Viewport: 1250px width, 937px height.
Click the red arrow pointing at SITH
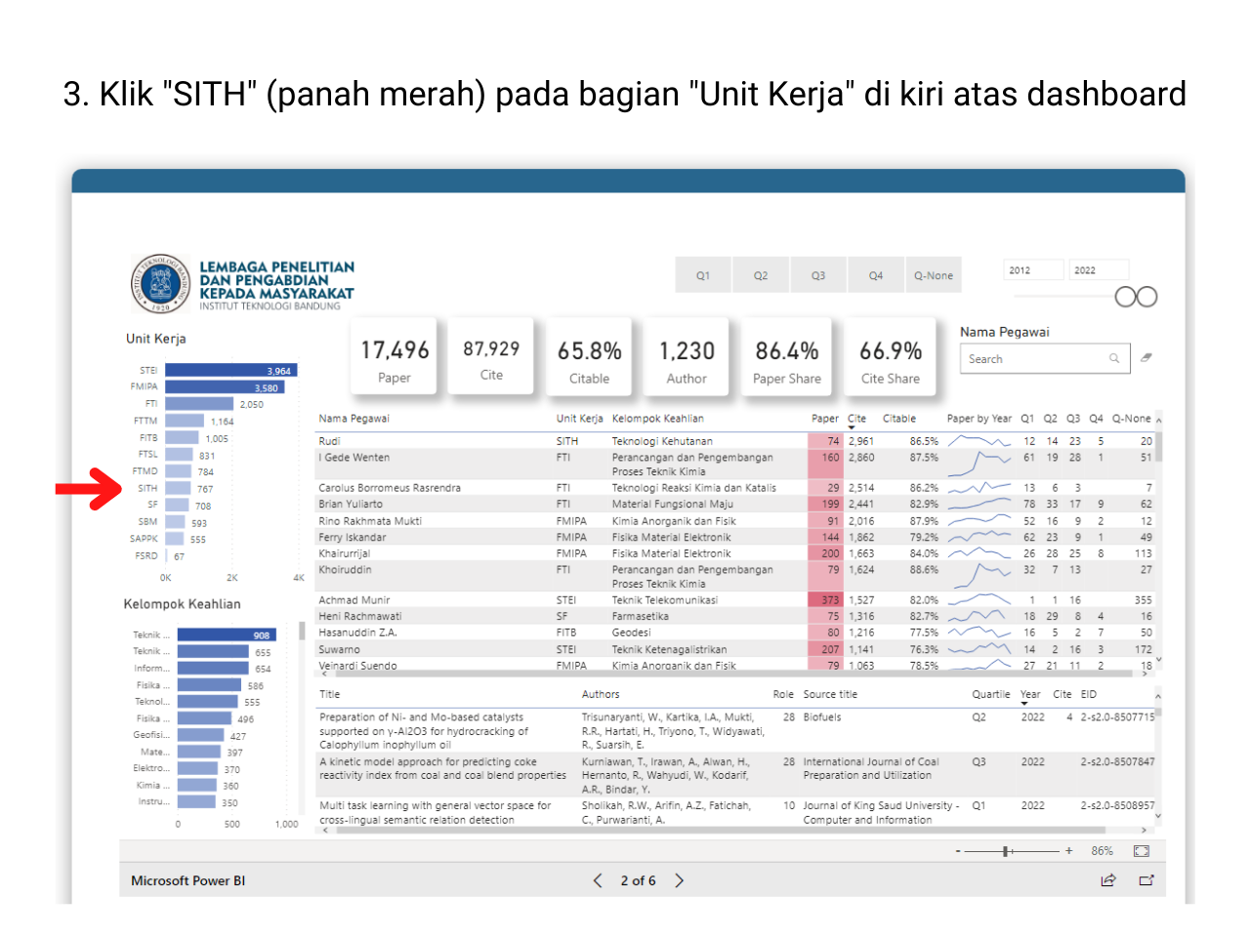(x=89, y=489)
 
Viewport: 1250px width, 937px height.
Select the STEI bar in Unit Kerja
(x=230, y=371)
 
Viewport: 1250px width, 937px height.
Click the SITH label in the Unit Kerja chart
(x=147, y=489)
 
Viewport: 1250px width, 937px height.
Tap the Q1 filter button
(x=703, y=276)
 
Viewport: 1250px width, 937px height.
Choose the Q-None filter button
(x=934, y=276)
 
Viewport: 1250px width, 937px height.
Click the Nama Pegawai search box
(x=1035, y=359)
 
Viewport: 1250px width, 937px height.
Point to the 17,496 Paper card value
(x=395, y=350)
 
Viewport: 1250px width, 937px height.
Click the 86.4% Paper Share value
(x=787, y=350)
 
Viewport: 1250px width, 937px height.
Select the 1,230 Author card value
(x=687, y=350)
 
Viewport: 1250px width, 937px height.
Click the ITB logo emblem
(x=161, y=284)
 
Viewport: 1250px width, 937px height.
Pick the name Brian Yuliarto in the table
(x=351, y=505)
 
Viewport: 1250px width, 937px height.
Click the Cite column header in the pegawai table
(x=856, y=419)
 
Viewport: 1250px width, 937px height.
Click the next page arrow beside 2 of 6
(x=680, y=880)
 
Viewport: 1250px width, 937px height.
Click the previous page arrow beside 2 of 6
(x=598, y=880)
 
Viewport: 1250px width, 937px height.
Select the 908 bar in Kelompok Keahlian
(x=227, y=635)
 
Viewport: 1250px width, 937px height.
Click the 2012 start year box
(x=1033, y=270)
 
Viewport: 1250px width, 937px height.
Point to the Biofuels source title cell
(x=822, y=717)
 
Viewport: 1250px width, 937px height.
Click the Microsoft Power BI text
(x=188, y=880)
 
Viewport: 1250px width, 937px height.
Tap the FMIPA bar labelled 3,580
(x=223, y=387)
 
